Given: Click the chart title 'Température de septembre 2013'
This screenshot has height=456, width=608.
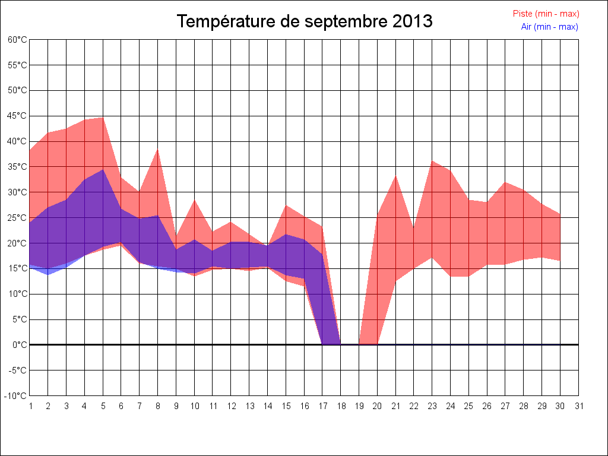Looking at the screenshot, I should [x=305, y=22].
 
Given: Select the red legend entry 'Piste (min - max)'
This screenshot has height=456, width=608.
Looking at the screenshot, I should [x=546, y=14].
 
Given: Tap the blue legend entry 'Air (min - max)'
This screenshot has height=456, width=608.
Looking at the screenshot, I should [x=549, y=27].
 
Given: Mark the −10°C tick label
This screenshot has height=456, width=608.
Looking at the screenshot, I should [x=16, y=396].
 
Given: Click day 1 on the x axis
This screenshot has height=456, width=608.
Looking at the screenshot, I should [x=30, y=406].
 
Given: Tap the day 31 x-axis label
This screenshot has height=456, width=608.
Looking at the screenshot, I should [x=579, y=406].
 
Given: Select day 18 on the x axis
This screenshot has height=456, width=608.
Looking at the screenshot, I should [x=341, y=406].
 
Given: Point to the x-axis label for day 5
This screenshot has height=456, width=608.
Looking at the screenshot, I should [x=103, y=406].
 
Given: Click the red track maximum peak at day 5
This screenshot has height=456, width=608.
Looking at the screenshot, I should [x=103, y=118].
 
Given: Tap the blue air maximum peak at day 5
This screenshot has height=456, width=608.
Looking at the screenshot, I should [x=103, y=170].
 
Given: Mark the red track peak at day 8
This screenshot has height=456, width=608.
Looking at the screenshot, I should [x=158, y=149].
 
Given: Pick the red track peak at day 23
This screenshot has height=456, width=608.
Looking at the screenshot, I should [x=432, y=161].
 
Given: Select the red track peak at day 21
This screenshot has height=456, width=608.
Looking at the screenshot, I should [x=395, y=176].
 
